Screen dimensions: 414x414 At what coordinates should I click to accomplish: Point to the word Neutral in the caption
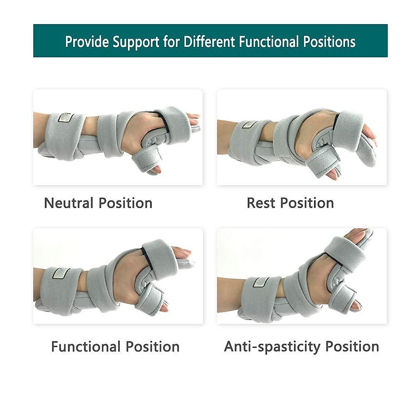[x=69, y=203]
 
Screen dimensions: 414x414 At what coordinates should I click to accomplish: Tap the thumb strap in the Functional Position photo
[x=150, y=299]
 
